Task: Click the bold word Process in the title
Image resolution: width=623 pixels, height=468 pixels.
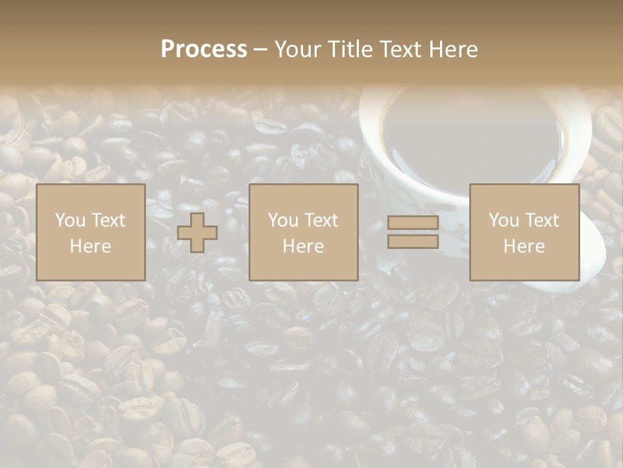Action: pos(204,49)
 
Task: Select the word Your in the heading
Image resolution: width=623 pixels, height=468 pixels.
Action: pos(297,49)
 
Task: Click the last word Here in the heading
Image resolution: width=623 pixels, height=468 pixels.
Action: pos(453,49)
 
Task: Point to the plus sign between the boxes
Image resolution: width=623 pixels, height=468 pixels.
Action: pos(197,233)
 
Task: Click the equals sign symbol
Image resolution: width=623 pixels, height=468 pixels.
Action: pos(413,232)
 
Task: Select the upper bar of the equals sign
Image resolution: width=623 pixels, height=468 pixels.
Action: pos(413,223)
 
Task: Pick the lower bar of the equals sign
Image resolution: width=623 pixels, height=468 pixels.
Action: pos(413,242)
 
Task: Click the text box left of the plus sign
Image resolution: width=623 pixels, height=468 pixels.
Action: pos(91,233)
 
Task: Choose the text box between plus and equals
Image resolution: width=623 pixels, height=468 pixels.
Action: pos(304,233)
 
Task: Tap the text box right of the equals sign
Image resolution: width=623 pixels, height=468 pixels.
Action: pos(524,233)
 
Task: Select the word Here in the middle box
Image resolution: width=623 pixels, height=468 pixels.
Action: pos(304,246)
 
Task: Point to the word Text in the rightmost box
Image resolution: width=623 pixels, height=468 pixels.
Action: pos(541,220)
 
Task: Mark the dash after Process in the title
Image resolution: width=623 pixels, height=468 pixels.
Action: pos(260,50)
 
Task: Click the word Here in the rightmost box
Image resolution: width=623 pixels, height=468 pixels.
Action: pos(524,246)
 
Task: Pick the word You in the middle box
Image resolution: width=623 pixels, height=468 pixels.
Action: pos(284,220)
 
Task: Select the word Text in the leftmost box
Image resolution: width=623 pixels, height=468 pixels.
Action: pos(108,220)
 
